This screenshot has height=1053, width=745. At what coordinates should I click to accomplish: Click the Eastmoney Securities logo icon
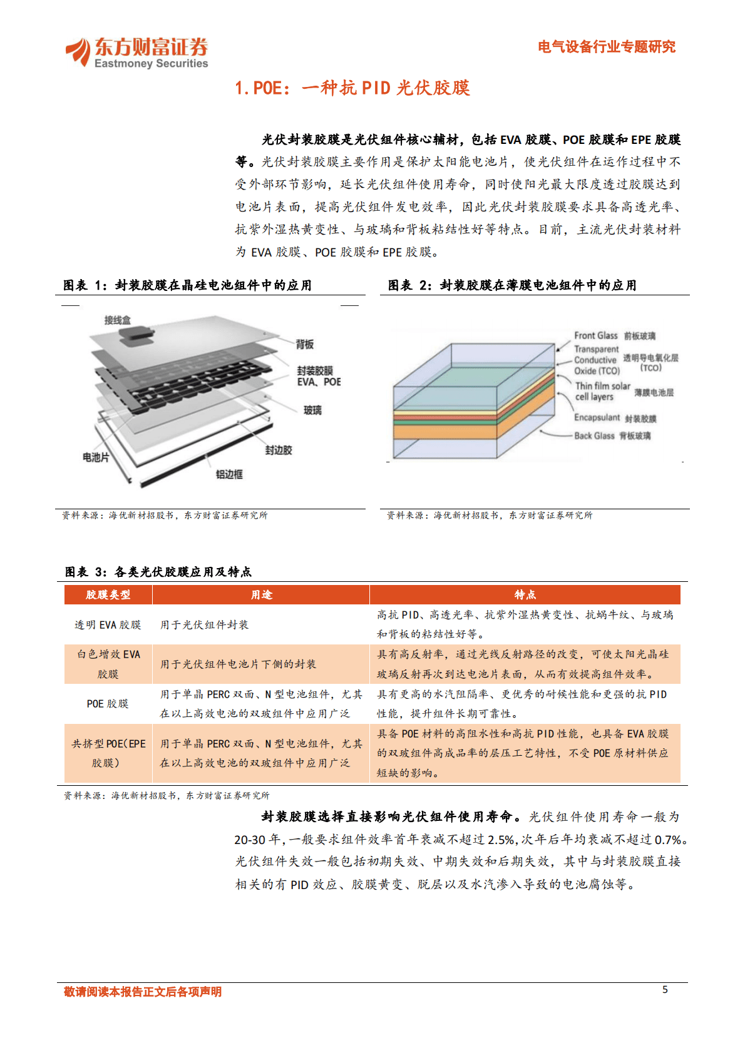(x=79, y=51)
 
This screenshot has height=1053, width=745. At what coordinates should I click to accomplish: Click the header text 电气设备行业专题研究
(x=606, y=47)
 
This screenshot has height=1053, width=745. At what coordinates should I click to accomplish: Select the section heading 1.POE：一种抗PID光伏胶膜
(x=352, y=88)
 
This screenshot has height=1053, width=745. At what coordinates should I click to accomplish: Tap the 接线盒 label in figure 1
(x=117, y=320)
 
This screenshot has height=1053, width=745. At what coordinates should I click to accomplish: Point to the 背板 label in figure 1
(x=304, y=344)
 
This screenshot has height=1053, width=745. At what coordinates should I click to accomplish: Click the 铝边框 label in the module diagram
(x=229, y=474)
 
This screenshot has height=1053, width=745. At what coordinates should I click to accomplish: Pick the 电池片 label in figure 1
(x=96, y=457)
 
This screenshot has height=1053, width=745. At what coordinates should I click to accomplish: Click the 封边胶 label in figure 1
(x=278, y=450)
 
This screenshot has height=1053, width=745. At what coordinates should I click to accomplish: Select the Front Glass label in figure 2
(x=595, y=335)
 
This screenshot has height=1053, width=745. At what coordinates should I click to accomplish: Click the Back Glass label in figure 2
(x=594, y=435)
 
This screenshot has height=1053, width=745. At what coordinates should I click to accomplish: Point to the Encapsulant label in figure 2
(x=597, y=417)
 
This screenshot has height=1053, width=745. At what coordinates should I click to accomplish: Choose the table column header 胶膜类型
(x=108, y=594)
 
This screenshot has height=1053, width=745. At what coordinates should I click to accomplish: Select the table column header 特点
(x=525, y=594)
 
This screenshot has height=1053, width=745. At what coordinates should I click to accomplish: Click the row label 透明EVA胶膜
(x=108, y=624)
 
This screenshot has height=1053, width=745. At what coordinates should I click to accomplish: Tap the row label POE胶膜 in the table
(x=108, y=703)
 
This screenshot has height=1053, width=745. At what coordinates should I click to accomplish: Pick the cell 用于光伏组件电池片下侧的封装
(x=238, y=664)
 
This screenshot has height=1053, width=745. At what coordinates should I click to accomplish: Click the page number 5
(x=665, y=989)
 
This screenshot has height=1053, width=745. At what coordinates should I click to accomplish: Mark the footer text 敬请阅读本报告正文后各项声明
(x=143, y=992)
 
